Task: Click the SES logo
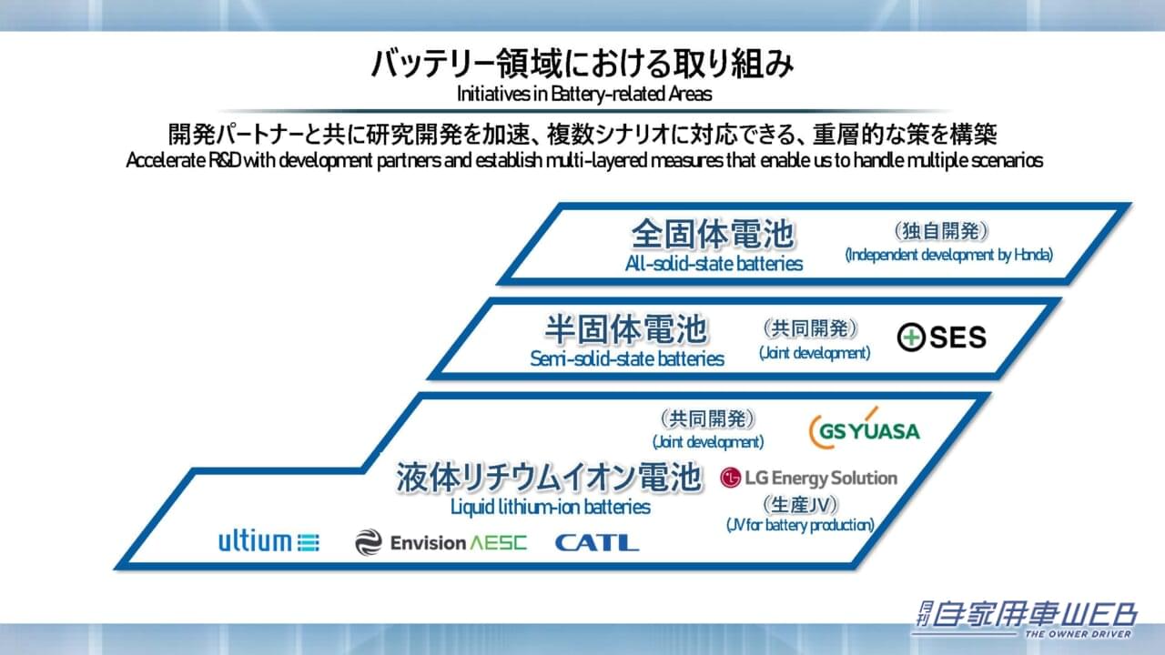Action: coord(941,338)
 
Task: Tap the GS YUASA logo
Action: coord(864,429)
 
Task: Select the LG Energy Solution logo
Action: coord(808,478)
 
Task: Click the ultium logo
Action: coord(268,542)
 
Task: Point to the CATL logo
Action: coord(596,543)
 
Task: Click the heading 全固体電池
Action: coord(714,235)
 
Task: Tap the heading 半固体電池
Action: coord(626,329)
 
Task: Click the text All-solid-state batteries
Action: coord(714,264)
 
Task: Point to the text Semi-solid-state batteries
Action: coord(627,358)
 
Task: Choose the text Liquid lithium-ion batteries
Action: coord(551,507)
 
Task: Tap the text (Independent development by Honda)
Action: coord(948,255)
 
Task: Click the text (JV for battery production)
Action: coord(800,525)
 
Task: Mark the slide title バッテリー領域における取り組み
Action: coord(582,65)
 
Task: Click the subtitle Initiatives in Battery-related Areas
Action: coord(582,93)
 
